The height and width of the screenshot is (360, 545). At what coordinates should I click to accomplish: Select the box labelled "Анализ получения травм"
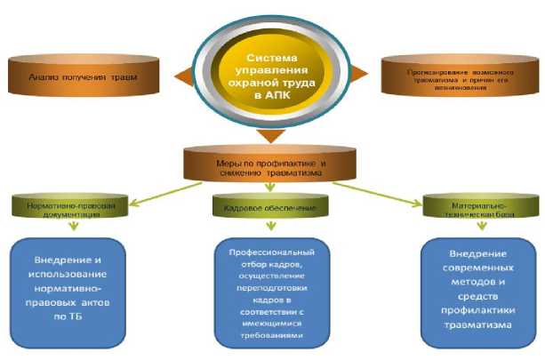[84, 78]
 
